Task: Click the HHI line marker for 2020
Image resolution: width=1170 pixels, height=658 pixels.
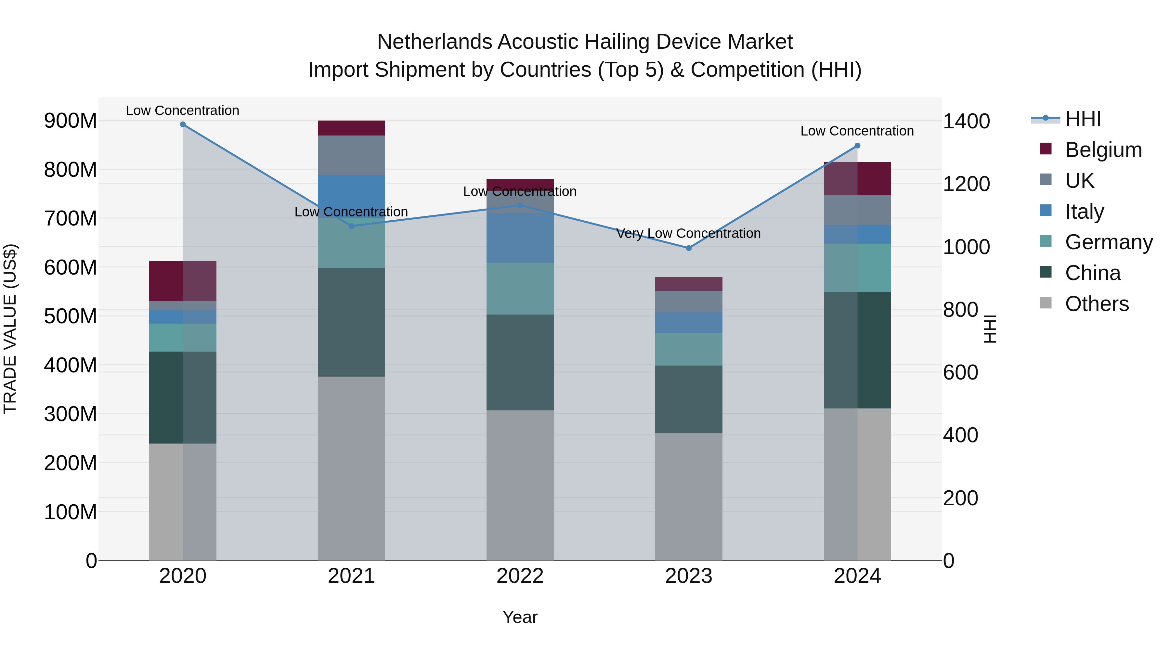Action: point(183,124)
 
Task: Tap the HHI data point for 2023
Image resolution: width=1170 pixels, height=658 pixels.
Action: point(689,248)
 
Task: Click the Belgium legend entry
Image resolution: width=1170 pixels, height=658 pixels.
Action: point(1103,150)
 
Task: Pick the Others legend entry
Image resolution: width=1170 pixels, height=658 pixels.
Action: point(1097,304)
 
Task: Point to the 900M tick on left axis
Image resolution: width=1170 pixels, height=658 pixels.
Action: point(71,121)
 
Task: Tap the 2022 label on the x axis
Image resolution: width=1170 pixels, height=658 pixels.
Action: point(520,576)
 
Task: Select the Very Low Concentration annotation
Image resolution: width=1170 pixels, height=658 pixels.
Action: point(688,233)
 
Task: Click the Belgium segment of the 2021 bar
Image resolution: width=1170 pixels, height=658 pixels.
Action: point(351,128)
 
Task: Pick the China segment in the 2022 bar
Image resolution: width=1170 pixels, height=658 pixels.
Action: point(520,362)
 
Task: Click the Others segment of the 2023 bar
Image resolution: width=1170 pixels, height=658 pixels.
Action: point(689,496)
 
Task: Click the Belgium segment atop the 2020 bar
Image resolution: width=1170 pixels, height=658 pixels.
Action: point(183,281)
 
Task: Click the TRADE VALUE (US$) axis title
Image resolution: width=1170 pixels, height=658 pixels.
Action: point(10,329)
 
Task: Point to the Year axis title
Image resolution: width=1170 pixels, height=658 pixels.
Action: point(520,617)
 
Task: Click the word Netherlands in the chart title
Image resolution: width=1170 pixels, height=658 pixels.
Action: point(434,42)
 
